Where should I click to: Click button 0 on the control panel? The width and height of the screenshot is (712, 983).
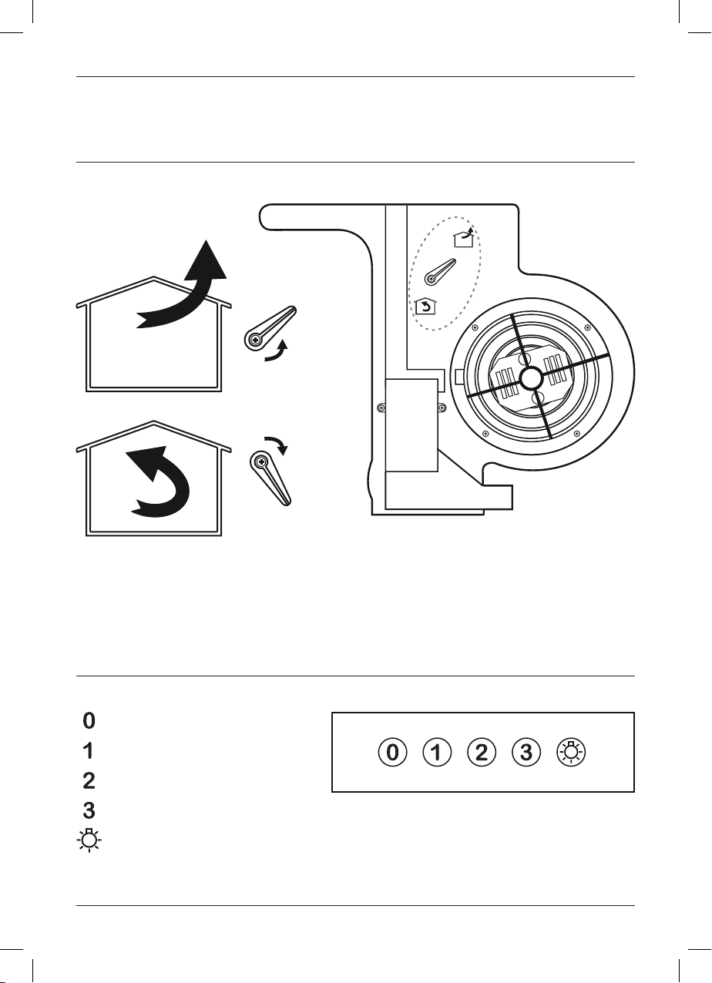pos(392,753)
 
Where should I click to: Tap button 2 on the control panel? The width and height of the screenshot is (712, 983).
pos(482,753)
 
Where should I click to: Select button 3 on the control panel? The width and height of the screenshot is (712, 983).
pos(526,753)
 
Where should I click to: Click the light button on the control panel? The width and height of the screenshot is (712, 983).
pos(571,752)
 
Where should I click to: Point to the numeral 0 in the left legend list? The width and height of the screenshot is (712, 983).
pos(89,720)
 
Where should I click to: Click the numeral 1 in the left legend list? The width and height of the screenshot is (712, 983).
pos(89,751)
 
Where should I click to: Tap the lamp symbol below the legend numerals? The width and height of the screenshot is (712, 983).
pos(89,840)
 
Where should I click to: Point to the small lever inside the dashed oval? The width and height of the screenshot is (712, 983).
pos(440,272)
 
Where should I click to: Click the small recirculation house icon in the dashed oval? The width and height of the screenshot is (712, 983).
pos(425,307)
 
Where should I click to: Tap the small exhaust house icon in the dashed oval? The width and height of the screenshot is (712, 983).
pos(464,238)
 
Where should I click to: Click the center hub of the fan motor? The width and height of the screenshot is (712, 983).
pos(532,377)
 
